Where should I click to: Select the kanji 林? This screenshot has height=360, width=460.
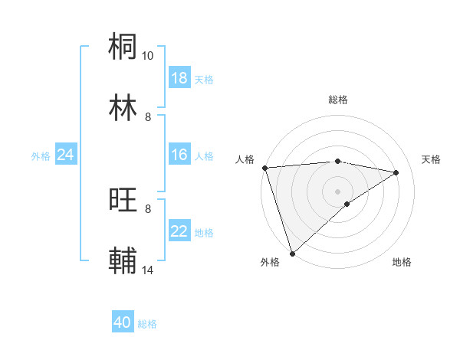click(x=123, y=107)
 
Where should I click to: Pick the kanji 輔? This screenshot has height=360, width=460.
click(x=123, y=260)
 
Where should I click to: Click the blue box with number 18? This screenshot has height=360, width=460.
click(x=179, y=78)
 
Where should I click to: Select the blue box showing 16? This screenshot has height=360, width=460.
click(x=179, y=155)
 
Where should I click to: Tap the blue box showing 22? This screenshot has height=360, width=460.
click(x=179, y=232)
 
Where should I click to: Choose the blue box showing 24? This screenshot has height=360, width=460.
click(x=65, y=155)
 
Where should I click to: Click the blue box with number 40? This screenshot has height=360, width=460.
click(x=123, y=322)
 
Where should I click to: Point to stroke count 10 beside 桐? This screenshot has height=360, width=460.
click(x=148, y=56)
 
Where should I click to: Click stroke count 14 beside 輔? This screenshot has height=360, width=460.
click(x=148, y=270)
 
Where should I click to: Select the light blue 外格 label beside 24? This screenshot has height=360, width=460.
click(x=41, y=156)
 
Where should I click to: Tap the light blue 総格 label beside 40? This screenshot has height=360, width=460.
click(x=147, y=324)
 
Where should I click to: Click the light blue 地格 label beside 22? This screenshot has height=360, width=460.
click(x=204, y=233)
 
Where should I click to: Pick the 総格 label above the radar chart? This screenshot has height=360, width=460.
click(x=338, y=100)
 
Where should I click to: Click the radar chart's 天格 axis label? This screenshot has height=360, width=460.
click(x=432, y=159)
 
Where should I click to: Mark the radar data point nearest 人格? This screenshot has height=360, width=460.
click(x=264, y=168)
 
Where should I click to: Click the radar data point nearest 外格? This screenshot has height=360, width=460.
click(x=292, y=253)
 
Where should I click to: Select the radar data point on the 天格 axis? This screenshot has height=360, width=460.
click(x=396, y=172)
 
